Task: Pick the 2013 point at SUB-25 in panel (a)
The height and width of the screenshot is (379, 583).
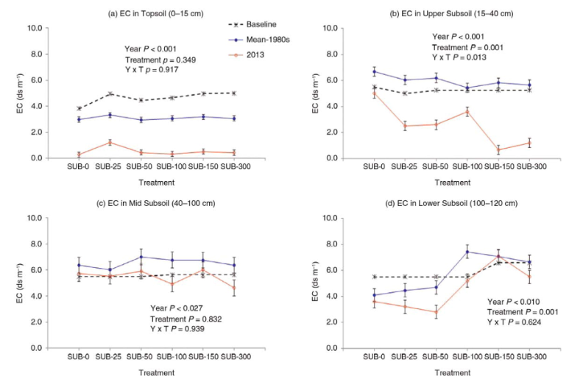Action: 109,143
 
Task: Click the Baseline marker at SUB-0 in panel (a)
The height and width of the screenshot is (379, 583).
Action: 78,109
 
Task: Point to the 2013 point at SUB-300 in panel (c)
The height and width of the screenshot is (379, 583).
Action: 234,288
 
